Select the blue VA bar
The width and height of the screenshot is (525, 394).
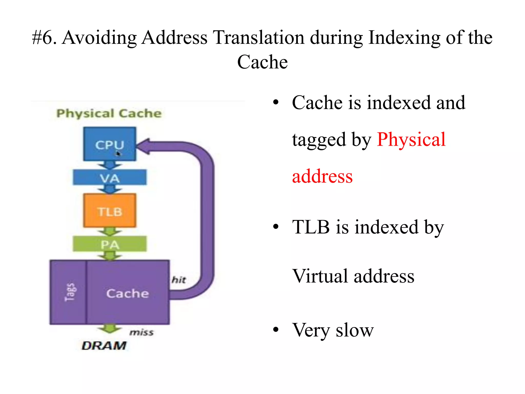pyautogui.click(x=109, y=177)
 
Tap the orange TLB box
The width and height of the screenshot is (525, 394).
pyautogui.click(x=109, y=211)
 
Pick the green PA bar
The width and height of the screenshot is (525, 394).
pyautogui.click(x=109, y=244)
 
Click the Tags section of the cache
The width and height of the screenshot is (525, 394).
pyautogui.click(x=68, y=292)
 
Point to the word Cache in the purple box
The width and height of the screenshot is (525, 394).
pyautogui.click(x=127, y=293)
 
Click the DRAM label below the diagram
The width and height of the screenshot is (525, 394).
pyautogui.click(x=104, y=346)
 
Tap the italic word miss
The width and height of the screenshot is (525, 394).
pyautogui.click(x=141, y=332)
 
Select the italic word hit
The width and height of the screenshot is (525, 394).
pyautogui.click(x=179, y=280)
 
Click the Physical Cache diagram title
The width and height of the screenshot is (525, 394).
pyautogui.click(x=109, y=113)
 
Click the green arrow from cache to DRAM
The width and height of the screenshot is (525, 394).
pyautogui.click(x=110, y=329)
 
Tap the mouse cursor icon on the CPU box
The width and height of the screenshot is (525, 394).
pyautogui.click(x=118, y=154)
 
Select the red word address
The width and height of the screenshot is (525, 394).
pyautogui.click(x=322, y=177)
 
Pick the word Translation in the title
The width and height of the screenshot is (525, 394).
pyautogui.click(x=259, y=38)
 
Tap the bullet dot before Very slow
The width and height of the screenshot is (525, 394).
pyautogui.click(x=276, y=329)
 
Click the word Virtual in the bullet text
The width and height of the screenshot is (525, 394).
pyautogui.click(x=320, y=276)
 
